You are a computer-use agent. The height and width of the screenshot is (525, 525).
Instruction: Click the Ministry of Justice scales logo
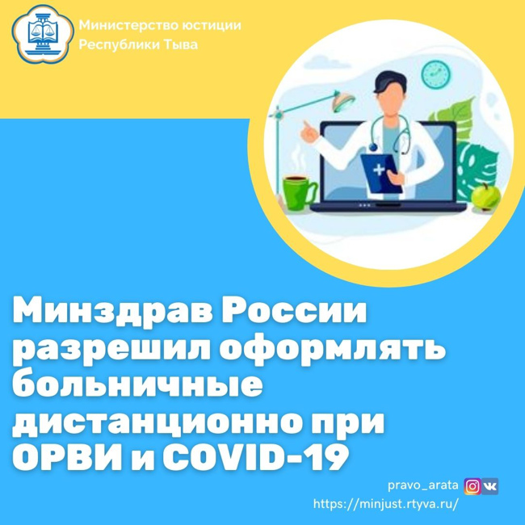(43, 34)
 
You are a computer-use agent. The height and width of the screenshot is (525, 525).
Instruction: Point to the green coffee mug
(299, 193)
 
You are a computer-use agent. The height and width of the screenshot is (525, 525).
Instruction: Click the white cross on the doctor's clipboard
(379, 170)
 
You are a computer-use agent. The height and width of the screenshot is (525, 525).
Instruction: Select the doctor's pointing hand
(309, 132)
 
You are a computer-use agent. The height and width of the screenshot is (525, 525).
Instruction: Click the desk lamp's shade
(344, 102)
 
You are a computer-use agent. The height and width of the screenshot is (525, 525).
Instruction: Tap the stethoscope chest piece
(373, 147)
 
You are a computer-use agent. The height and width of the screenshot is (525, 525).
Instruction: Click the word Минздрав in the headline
(114, 312)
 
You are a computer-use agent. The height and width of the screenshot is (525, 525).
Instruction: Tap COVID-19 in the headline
(255, 457)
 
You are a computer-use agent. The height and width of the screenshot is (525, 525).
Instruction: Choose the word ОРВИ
(67, 457)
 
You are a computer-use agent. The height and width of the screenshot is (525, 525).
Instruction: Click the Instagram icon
(472, 486)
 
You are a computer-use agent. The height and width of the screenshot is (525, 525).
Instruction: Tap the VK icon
(490, 486)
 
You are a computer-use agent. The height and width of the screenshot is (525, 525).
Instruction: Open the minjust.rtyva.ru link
(385, 503)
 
